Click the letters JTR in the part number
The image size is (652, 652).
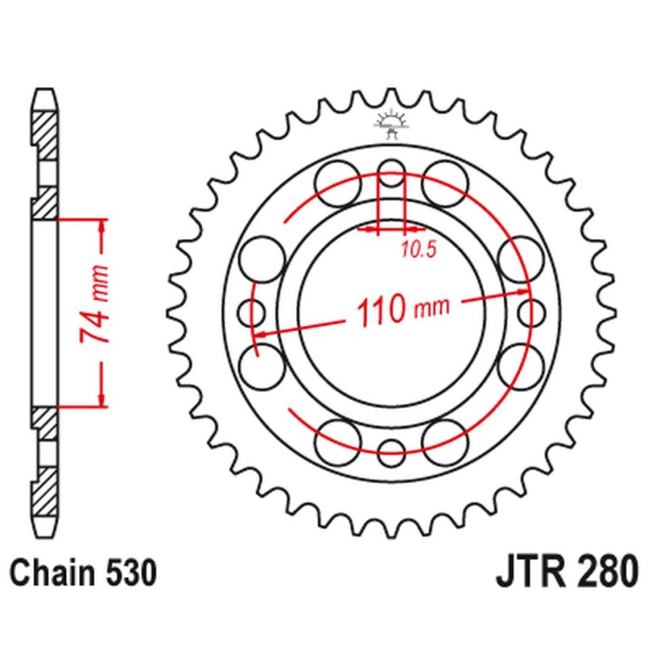click(530, 573)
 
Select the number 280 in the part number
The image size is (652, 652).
click(601, 573)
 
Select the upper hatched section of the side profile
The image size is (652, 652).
click(46, 132)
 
